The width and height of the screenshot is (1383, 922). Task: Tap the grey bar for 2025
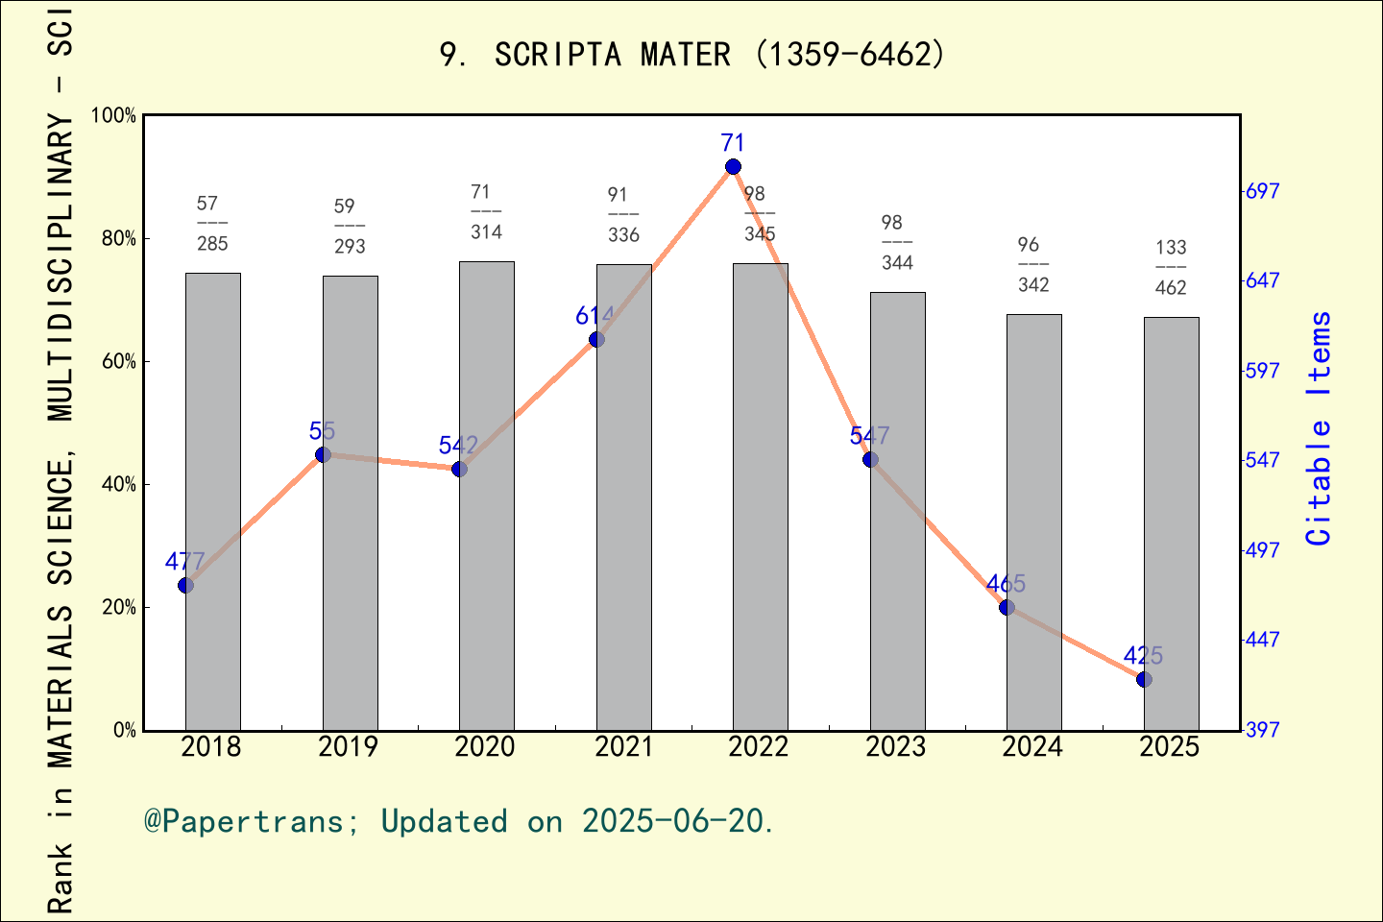point(1171,523)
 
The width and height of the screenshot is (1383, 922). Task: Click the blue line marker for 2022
point(733,167)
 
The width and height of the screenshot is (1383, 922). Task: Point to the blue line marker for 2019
point(323,454)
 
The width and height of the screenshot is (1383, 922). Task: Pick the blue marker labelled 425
point(1144,679)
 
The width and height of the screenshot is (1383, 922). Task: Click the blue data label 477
point(184,562)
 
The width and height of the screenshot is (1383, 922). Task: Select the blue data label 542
point(458,446)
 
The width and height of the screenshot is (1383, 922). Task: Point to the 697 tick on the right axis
point(1262,191)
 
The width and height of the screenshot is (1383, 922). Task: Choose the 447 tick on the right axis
point(1262,640)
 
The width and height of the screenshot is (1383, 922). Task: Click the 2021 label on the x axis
point(622,747)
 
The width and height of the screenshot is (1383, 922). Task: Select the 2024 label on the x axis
point(1032,747)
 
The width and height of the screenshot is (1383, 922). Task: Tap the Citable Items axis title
point(1320,428)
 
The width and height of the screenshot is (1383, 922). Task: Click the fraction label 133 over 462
point(1171,268)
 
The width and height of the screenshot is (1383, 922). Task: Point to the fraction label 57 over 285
point(211,224)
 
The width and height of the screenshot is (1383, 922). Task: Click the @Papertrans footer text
point(244,821)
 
